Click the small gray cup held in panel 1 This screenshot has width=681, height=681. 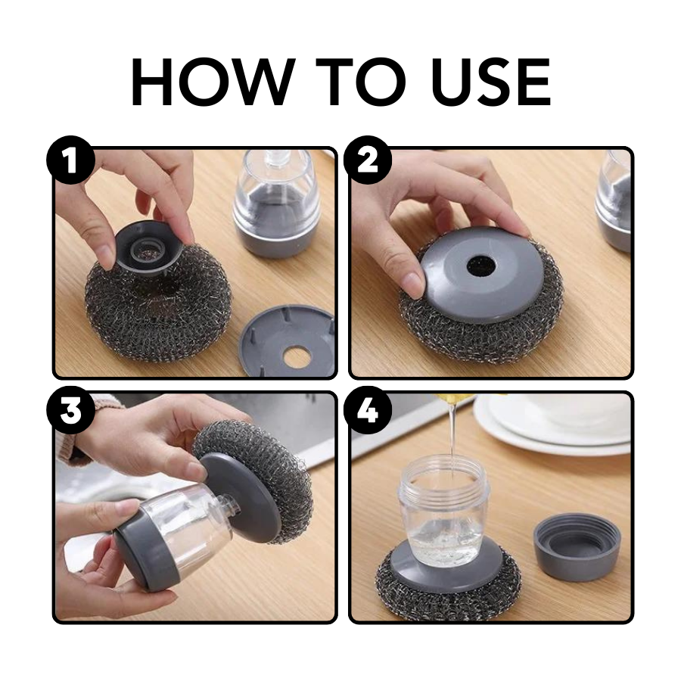pos(148,242)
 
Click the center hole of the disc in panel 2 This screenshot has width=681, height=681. pos(480,264)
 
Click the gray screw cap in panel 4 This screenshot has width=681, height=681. pos(577,545)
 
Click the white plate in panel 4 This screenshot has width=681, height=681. pos(560,428)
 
